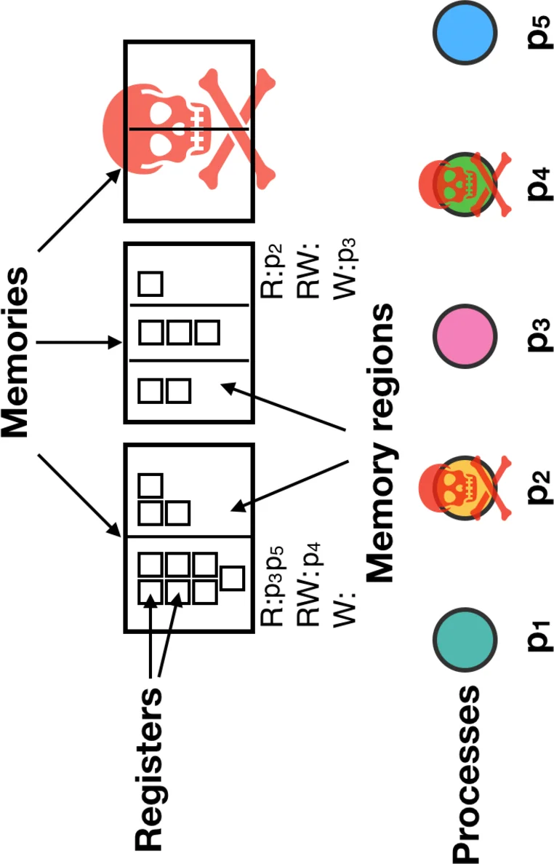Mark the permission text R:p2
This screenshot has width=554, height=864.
pyautogui.click(x=270, y=273)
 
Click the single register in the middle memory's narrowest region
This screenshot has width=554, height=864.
pyautogui.click(x=150, y=283)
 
